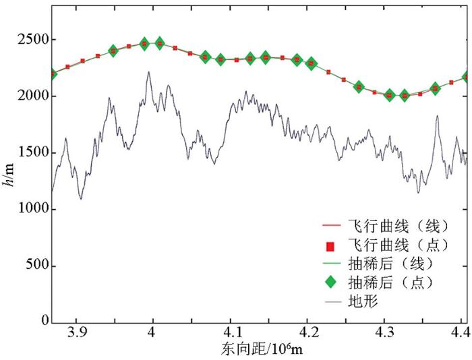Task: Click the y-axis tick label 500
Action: click(36, 266)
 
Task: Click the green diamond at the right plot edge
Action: click(466, 78)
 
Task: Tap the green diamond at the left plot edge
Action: click(53, 73)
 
